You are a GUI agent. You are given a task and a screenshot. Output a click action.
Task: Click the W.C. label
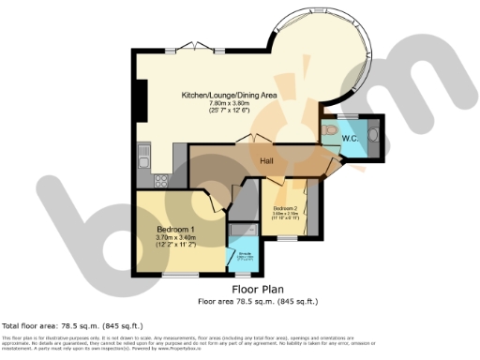352,140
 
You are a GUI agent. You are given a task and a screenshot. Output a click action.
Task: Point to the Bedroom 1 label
175,230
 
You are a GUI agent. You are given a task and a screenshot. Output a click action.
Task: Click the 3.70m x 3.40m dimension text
175,238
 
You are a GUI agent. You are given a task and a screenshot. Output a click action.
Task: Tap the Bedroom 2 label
285,207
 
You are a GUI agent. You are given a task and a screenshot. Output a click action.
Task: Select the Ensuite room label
244,253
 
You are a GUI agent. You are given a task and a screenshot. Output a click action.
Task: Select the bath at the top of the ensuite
243,230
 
